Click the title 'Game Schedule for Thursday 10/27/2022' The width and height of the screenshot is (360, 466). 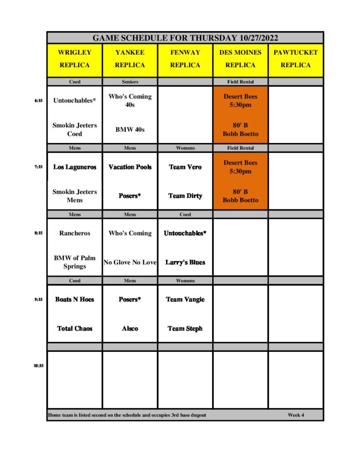click(x=185, y=38)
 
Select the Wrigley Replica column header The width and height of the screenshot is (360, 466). click(x=75, y=59)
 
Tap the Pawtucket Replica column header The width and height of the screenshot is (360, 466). click(x=295, y=59)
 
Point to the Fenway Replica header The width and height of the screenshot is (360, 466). click(x=185, y=59)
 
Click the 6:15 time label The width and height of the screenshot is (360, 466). click(x=38, y=101)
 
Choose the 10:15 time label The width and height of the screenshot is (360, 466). click(x=38, y=365)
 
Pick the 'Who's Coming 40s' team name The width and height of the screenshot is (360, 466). click(x=130, y=101)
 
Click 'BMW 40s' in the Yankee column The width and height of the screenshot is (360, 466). click(x=130, y=129)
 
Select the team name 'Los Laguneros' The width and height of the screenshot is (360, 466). click(x=75, y=167)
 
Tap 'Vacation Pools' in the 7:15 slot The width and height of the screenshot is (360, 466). click(x=130, y=167)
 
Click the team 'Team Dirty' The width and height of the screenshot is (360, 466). click(x=185, y=196)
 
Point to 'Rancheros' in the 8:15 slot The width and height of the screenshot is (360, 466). click(x=75, y=233)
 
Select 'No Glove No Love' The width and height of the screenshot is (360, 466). click(x=130, y=262)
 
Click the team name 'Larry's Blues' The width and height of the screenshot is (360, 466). click(x=185, y=262)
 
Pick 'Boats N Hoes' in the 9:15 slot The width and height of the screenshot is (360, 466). click(x=75, y=299)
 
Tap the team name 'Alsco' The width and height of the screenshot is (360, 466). click(x=130, y=329)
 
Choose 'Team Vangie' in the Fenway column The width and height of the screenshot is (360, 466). click(x=185, y=299)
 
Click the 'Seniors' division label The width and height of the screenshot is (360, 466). click(x=130, y=82)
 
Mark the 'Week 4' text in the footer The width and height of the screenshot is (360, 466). click(x=296, y=415)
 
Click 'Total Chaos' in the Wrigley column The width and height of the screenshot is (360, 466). click(x=75, y=329)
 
